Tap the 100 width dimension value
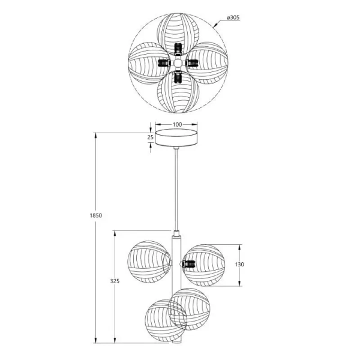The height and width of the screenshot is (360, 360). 177,124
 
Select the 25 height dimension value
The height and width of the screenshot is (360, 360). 150,137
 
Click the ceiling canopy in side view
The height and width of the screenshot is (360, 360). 177,137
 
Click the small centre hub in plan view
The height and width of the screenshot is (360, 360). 178,63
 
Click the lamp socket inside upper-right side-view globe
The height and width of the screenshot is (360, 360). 188,263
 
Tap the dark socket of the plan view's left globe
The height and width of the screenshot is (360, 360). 163,63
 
